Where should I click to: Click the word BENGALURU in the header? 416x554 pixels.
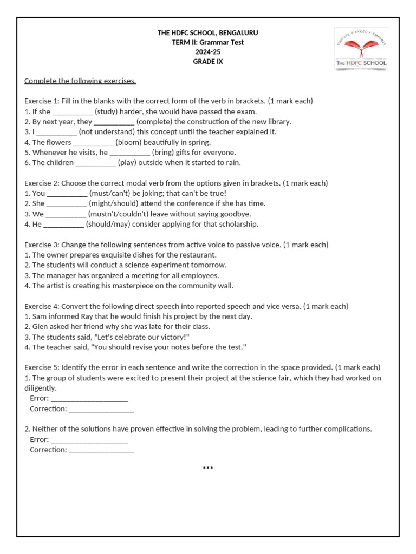(238, 33)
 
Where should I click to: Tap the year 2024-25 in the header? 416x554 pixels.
(208, 52)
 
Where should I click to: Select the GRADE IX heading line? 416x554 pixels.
(208, 62)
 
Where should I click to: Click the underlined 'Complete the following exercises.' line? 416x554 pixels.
(80, 81)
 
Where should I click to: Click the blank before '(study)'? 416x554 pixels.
(73, 111)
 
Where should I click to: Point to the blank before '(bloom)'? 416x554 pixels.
(93, 142)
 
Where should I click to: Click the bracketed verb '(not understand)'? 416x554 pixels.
(105, 132)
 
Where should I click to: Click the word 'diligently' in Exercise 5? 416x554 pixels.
(40, 388)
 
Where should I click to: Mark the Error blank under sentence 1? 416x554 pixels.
(89, 399)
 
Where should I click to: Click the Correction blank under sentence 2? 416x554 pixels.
(101, 450)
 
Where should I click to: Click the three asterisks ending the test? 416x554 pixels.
(208, 468)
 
